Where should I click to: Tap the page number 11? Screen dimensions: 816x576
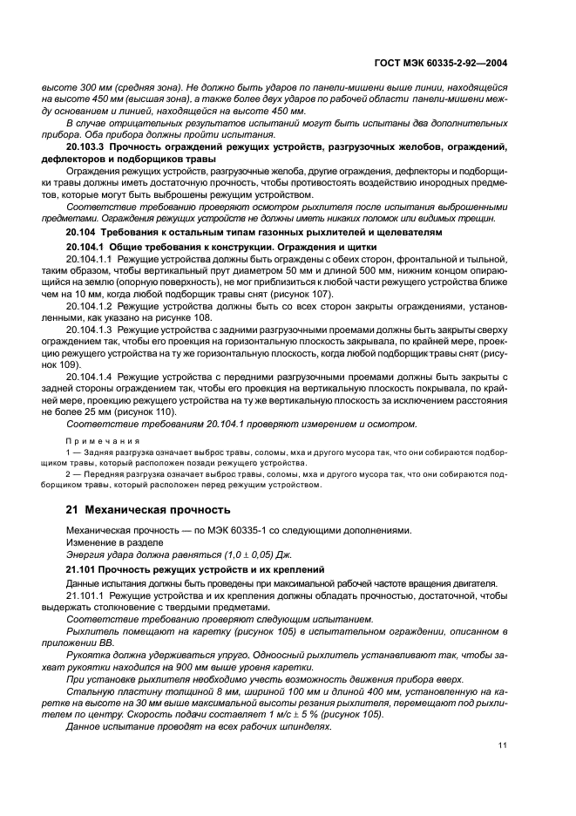tap(503, 744)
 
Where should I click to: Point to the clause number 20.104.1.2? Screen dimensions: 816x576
tap(91, 307)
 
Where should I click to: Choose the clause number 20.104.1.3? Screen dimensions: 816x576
tap(91, 331)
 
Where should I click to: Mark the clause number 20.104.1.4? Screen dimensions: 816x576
tap(91, 376)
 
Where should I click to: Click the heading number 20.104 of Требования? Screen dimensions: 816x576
tap(82, 234)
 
